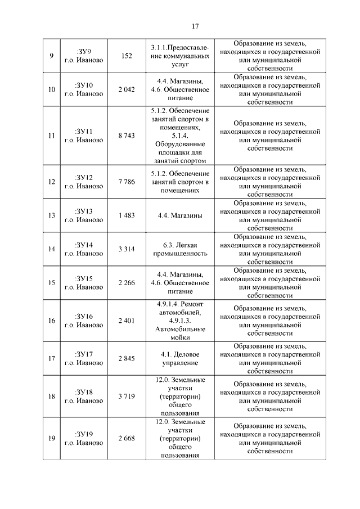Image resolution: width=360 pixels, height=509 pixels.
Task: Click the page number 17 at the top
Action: click(196, 26)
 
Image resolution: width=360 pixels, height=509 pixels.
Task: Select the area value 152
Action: click(127, 56)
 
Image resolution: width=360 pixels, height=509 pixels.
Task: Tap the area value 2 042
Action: click(127, 89)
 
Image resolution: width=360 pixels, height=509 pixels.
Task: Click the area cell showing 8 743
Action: click(127, 136)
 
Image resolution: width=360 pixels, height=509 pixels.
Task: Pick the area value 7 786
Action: click(127, 182)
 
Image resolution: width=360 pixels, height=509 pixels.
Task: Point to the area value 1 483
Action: click(127, 215)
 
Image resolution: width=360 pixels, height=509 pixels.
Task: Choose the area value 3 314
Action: click(127, 249)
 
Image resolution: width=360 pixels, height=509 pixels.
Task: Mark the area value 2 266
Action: click(127, 282)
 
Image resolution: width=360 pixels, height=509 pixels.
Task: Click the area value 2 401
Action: click(127, 321)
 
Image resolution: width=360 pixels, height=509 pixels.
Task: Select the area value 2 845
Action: click(127, 358)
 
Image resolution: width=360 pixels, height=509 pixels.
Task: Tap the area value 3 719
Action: click(127, 397)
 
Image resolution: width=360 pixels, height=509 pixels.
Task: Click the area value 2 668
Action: click(127, 439)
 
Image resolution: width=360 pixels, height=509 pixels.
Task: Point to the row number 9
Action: click(52, 56)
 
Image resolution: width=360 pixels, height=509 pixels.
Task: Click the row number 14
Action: click(52, 249)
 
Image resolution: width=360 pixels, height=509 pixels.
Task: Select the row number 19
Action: click(52, 439)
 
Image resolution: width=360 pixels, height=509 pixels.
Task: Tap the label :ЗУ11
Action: click(83, 132)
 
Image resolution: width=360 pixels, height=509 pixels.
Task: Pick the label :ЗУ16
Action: click(83, 316)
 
